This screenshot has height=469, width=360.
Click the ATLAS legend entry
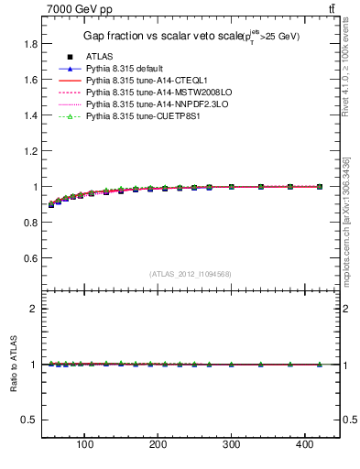100,56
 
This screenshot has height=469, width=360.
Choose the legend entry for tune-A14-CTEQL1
146,80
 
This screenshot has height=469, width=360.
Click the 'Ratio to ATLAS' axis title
13,364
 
